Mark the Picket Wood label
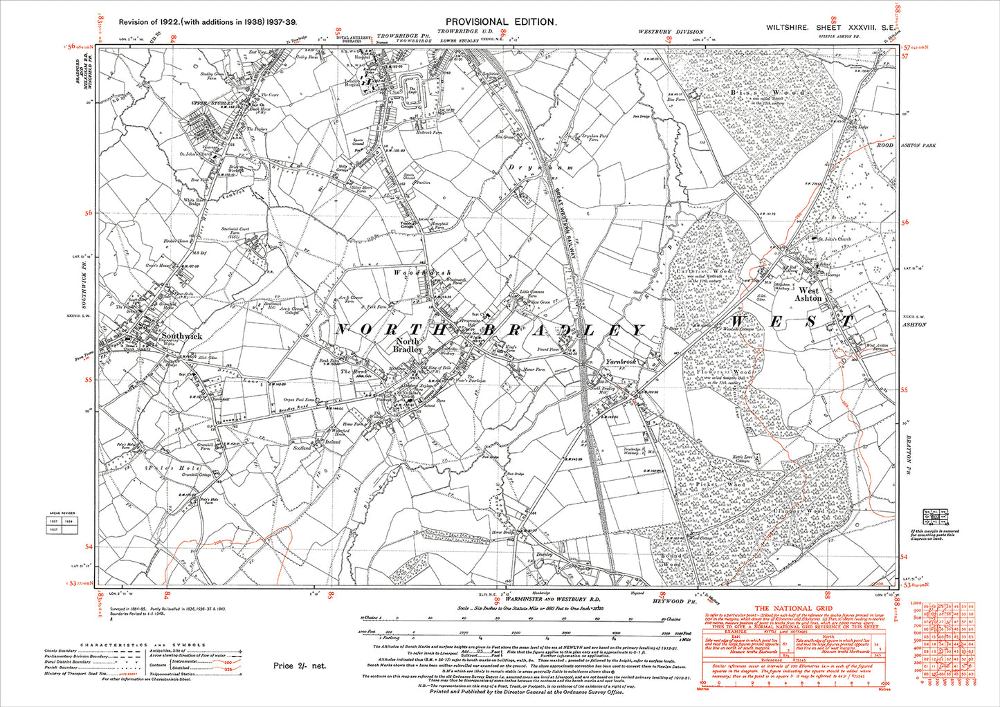tap(722, 485)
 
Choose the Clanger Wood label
tap(805, 511)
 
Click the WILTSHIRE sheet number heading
tap(833, 28)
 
